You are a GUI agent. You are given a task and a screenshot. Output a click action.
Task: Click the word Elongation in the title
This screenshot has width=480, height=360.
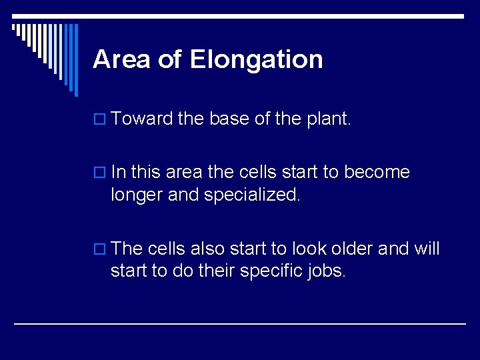click(256, 59)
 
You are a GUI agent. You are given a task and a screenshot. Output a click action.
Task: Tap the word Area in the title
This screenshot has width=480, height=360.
click(121, 59)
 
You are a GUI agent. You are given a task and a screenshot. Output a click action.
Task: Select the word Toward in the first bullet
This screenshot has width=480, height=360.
click(142, 119)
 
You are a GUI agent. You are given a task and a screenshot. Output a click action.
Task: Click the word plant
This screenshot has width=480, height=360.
click(327, 120)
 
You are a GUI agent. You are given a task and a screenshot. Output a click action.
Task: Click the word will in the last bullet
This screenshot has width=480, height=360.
click(427, 249)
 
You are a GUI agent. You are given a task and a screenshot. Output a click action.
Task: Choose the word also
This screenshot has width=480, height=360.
click(207, 249)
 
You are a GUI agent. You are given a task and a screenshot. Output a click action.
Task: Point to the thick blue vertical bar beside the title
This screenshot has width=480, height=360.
click(75, 59)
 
